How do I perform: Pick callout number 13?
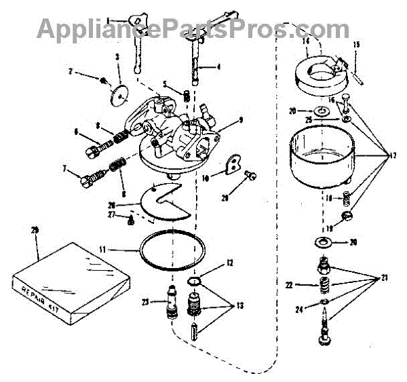tap(240, 305)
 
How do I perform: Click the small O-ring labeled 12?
tap(194, 281)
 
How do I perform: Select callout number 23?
tap(146, 300)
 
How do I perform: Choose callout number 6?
tap(76, 131)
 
